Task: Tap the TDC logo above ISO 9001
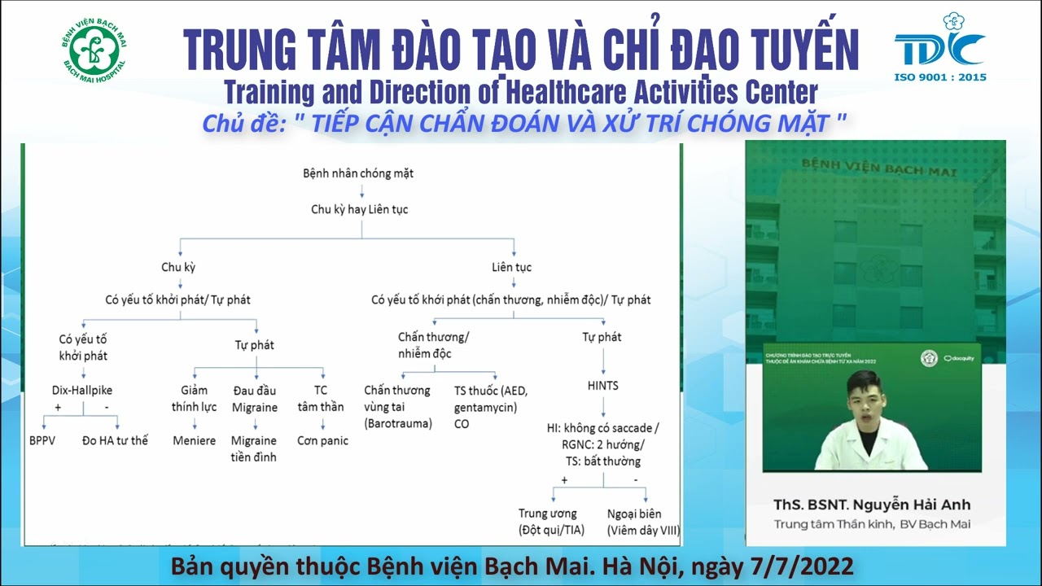pyautogui.click(x=940, y=45)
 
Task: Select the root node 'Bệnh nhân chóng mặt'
pyautogui.click(x=358, y=173)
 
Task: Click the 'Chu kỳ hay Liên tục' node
pyautogui.click(x=360, y=209)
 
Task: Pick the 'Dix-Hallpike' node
pyautogui.click(x=82, y=390)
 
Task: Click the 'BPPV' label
pyautogui.click(x=42, y=440)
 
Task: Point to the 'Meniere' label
pyautogui.click(x=194, y=440)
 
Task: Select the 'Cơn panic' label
pyautogui.click(x=322, y=440)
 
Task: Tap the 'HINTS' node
pyautogui.click(x=602, y=385)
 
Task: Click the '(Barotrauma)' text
pyautogui.click(x=398, y=423)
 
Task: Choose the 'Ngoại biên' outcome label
pyautogui.click(x=634, y=514)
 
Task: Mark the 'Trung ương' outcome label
pyautogui.click(x=547, y=514)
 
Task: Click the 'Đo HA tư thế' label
pyautogui.click(x=115, y=440)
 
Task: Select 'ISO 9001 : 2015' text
pyautogui.click(x=940, y=77)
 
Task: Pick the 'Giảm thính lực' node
pyautogui.click(x=194, y=398)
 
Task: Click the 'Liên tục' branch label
pyautogui.click(x=511, y=267)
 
